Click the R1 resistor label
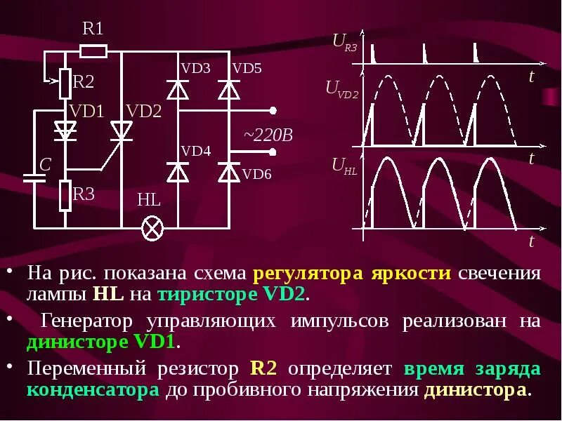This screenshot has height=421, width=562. click(93, 29)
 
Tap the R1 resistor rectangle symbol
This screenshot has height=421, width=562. click(93, 51)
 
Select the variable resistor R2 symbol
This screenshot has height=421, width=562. click(65, 83)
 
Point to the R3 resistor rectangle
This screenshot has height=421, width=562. click(65, 195)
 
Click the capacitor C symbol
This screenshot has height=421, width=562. click(31, 175)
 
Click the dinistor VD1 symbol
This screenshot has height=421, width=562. click(65, 130)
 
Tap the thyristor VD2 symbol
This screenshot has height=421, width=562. click(122, 131)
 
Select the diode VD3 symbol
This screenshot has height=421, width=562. click(178, 91)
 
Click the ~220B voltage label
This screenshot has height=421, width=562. click(268, 134)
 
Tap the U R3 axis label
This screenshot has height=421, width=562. click(344, 43)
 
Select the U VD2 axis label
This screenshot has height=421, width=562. click(342, 88)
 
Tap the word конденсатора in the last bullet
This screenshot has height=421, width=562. click(93, 390)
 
